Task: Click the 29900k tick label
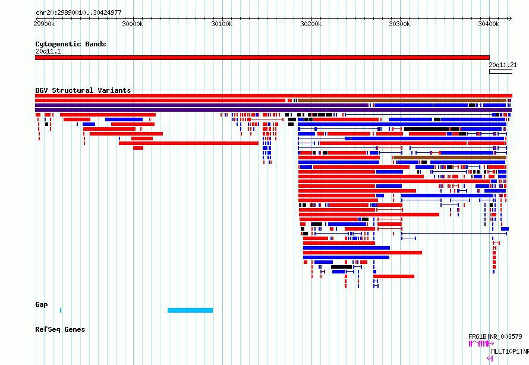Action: pyautogui.click(x=44, y=24)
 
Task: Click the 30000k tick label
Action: pyautogui.click(x=133, y=24)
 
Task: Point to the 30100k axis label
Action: pyautogui.click(x=222, y=24)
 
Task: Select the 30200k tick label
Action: pyautogui.click(x=311, y=24)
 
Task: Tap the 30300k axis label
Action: pyautogui.click(x=399, y=24)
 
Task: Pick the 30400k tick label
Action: pyautogui.click(x=489, y=24)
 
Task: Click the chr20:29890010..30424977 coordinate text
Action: pyautogui.click(x=78, y=12)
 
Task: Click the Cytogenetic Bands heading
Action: pyautogui.click(x=71, y=44)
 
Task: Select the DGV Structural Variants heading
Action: pyautogui.click(x=83, y=90)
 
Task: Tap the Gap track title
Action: pyautogui.click(x=42, y=304)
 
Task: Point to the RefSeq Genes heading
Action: pyautogui.click(x=60, y=329)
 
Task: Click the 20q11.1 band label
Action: pyautogui.click(x=48, y=51)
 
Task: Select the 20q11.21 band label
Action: pyautogui.click(x=503, y=65)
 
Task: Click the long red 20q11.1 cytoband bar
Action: pyautogui.click(x=262, y=58)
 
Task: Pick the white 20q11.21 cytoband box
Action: pyautogui.click(x=500, y=71)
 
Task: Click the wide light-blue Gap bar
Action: pyautogui.click(x=190, y=310)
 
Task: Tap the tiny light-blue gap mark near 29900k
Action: pyautogui.click(x=61, y=310)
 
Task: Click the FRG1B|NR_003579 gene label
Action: pyautogui.click(x=495, y=336)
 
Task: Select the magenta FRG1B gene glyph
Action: pyautogui.click(x=481, y=344)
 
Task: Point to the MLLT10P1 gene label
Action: pyautogui.click(x=510, y=351)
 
